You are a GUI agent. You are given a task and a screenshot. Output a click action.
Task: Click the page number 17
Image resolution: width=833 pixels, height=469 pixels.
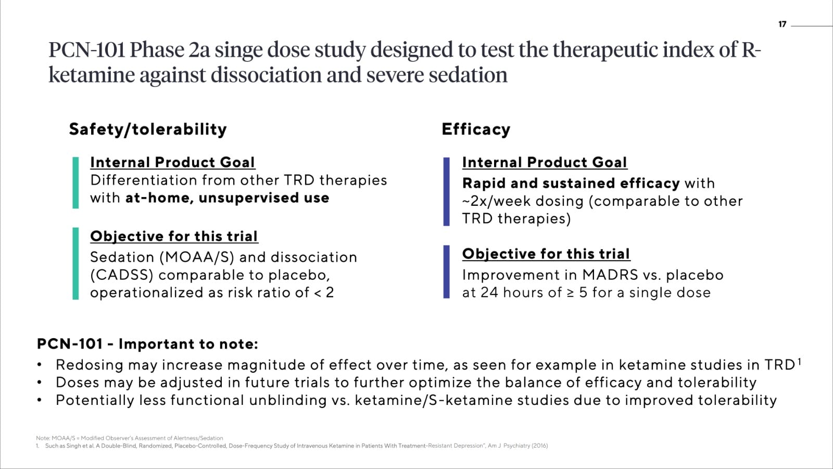(x=782, y=24)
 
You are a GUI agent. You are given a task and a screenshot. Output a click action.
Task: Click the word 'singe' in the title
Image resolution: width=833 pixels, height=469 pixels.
(x=238, y=51)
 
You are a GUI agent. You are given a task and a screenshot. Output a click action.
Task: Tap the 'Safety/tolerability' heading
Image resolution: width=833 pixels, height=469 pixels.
(x=148, y=129)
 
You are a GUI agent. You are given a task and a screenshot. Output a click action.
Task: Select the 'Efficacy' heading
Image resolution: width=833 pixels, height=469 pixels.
(x=476, y=129)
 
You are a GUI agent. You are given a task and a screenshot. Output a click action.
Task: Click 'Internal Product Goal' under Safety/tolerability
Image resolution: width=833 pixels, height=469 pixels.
(x=172, y=162)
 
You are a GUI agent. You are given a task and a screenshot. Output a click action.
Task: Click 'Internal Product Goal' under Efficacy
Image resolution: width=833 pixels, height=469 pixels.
(x=545, y=162)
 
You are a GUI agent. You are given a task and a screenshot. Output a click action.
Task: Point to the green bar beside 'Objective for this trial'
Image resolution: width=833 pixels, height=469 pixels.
(x=75, y=263)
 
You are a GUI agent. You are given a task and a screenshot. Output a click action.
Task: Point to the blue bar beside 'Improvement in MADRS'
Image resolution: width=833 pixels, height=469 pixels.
(x=446, y=271)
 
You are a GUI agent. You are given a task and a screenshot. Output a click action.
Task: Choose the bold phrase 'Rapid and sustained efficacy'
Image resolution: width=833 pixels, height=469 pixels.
(x=571, y=183)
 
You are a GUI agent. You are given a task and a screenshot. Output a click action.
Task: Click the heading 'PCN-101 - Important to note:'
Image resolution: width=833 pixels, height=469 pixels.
(x=147, y=344)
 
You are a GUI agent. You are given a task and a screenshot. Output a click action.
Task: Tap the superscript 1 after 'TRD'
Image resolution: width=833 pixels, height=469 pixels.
(x=799, y=362)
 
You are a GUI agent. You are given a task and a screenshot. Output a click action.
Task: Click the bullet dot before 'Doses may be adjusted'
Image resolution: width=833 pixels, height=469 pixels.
(x=39, y=382)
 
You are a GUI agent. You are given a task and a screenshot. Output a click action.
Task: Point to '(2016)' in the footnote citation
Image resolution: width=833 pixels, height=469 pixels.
(x=539, y=446)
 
